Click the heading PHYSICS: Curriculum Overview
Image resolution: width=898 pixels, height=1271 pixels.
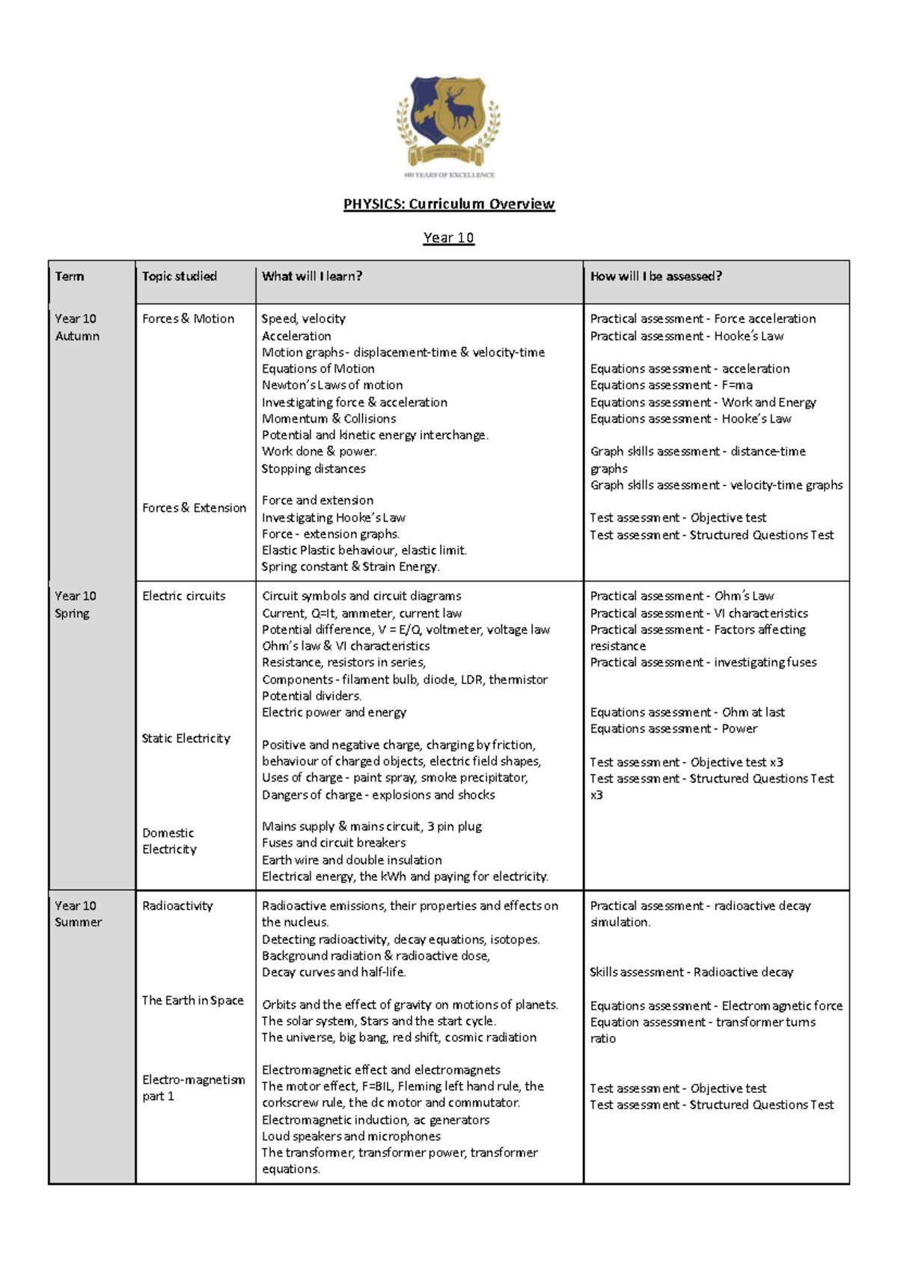(449, 204)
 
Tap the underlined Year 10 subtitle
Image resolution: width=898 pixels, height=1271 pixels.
(448, 238)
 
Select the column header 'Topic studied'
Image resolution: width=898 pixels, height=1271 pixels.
(180, 276)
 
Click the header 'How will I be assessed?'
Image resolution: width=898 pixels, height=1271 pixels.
(656, 276)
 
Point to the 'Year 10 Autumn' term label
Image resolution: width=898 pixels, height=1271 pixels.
(76, 327)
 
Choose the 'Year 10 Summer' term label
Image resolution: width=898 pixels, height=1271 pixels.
(77, 914)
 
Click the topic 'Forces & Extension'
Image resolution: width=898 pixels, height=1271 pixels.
(194, 508)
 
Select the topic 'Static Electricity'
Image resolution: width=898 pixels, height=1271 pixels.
(186, 738)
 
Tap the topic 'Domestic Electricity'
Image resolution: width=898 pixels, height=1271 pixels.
(169, 841)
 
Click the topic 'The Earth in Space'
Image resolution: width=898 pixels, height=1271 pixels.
(192, 1000)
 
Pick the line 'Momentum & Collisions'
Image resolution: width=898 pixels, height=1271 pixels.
(329, 418)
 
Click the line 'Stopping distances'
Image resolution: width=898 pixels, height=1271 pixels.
(314, 469)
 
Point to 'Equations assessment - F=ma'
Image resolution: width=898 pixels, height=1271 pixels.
(671, 385)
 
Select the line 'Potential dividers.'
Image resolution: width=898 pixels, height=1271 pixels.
(311, 695)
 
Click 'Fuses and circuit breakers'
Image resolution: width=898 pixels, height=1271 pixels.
(334, 843)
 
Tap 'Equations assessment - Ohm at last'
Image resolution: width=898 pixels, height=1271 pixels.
(687, 712)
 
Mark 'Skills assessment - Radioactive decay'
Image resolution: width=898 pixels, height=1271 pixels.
(691, 972)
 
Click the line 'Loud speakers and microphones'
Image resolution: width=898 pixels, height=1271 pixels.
(351, 1136)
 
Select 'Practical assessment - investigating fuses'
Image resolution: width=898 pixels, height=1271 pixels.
(703, 662)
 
